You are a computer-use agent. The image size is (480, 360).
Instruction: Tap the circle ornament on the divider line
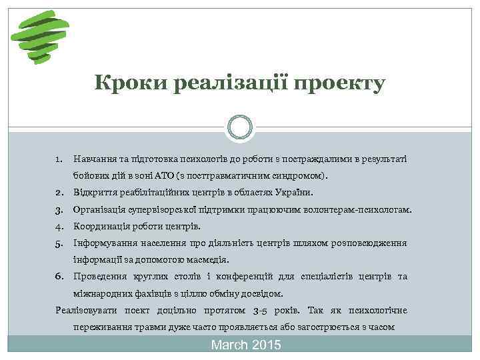point(239,127)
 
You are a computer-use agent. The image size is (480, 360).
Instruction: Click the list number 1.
point(59,159)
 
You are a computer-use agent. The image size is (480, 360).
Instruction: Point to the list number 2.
point(59,193)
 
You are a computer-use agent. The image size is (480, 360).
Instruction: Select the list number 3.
point(59,209)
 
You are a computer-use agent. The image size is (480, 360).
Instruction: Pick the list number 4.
point(59,226)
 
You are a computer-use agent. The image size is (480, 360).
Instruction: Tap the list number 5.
point(59,243)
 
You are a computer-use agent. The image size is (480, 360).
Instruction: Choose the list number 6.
point(59,276)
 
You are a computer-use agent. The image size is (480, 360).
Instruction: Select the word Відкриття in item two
point(95,193)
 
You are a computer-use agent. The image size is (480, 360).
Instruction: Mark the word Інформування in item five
point(105,243)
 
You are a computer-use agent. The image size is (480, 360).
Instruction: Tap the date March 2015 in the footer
point(246,345)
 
